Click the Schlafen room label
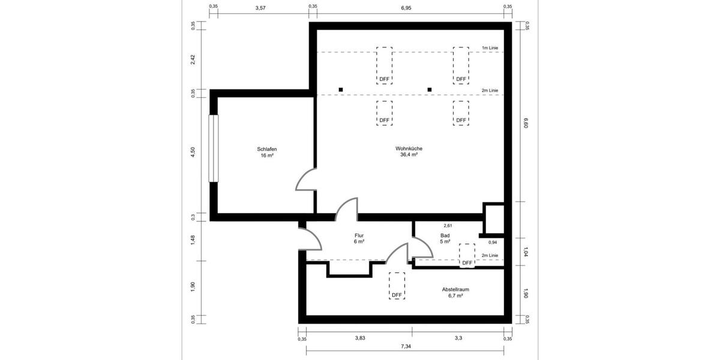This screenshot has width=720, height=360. (267, 149)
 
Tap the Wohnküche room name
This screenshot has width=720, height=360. (409, 149)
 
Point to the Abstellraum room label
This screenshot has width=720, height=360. (455, 289)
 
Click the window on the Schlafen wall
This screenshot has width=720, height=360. (213, 148)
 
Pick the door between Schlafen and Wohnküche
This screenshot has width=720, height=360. (306, 180)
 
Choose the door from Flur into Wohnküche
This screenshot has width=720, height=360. (347, 209)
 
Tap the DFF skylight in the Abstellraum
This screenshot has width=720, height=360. (397, 286)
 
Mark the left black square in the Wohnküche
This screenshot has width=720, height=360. (341, 89)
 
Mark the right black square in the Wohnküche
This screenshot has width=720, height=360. (430, 89)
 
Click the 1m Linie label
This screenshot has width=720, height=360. (490, 47)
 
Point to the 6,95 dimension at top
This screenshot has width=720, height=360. (406, 8)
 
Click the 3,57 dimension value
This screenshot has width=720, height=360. (260, 8)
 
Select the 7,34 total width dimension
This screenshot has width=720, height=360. (406, 347)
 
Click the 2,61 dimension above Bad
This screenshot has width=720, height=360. (447, 226)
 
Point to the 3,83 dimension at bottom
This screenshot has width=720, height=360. (359, 338)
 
